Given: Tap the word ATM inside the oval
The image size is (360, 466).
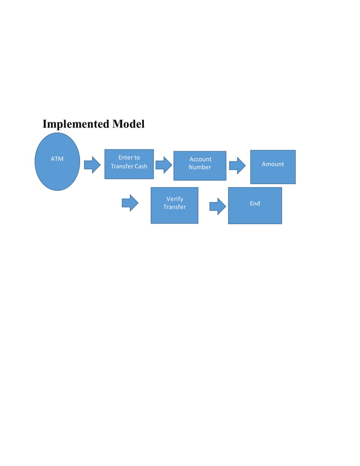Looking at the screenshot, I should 57,159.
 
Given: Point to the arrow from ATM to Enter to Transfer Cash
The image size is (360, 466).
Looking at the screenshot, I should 92,165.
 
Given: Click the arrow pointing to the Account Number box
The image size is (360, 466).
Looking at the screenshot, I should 164,165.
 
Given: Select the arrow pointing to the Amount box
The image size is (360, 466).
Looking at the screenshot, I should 237,165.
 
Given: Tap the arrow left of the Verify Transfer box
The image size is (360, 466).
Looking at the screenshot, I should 130,203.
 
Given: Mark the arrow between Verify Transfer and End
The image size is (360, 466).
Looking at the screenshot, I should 217,206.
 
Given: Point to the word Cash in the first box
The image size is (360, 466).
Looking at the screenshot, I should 140,166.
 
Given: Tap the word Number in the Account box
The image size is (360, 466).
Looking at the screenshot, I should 200,168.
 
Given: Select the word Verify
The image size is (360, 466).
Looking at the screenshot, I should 174,199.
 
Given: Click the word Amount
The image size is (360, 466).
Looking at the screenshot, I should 273,164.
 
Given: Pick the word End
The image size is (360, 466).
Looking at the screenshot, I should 255,203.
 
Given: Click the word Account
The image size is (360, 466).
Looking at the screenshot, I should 200,159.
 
